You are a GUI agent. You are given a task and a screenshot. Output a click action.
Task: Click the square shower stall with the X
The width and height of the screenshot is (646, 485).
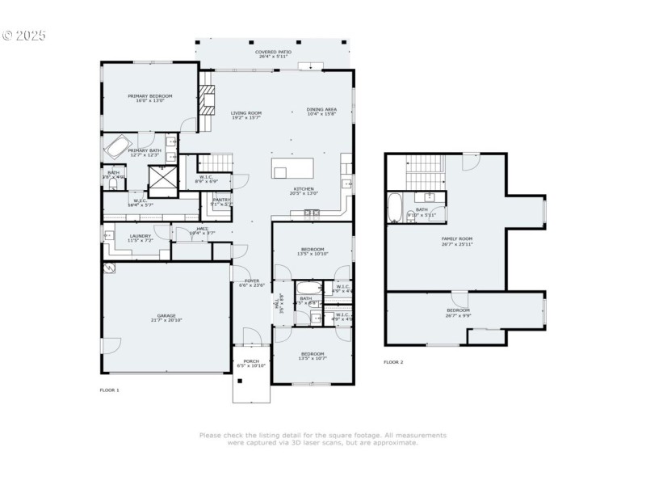tap(161, 177)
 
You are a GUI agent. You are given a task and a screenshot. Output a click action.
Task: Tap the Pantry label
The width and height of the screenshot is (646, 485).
tap(220, 200)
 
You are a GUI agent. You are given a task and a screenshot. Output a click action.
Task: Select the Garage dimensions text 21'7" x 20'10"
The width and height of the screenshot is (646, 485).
tap(166, 320)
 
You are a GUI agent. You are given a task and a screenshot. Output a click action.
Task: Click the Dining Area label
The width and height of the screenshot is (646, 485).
tap(321, 111)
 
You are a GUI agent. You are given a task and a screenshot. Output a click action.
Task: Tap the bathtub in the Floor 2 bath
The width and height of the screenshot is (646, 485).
tap(396, 209)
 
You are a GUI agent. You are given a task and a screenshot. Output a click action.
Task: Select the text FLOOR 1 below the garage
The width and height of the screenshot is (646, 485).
tap(109, 390)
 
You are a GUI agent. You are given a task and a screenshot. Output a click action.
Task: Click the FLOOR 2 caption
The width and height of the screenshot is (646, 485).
tap(393, 362)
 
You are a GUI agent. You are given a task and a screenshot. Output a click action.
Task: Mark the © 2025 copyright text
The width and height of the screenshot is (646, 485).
tap(24, 36)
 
